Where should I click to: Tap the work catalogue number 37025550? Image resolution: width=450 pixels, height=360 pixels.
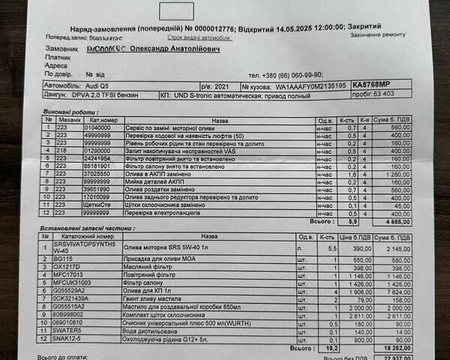tap(98, 174)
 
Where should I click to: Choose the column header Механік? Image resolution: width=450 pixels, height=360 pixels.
tap(70, 119)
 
